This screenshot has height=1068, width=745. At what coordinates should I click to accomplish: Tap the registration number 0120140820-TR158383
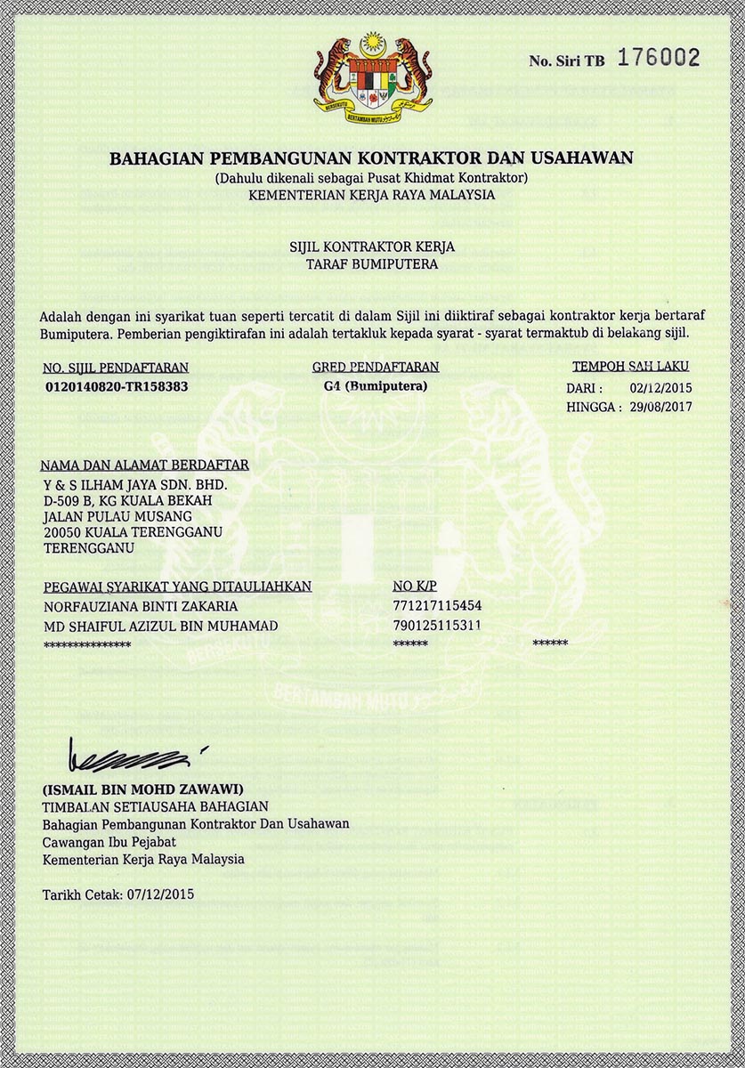tap(117, 387)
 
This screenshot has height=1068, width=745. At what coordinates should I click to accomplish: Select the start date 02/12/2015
tap(660, 388)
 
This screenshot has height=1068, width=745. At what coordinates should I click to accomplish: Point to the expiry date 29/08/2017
tap(660, 407)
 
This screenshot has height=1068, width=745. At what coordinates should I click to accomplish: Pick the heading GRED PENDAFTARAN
tap(376, 367)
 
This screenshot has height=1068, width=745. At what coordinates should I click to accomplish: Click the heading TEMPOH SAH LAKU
tap(630, 366)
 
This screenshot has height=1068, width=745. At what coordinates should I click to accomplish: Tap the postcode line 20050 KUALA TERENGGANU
tap(133, 532)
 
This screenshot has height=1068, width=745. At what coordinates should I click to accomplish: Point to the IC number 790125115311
tap(437, 626)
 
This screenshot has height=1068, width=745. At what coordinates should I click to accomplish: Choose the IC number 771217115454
tap(437, 606)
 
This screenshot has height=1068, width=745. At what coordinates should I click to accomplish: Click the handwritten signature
tap(131, 757)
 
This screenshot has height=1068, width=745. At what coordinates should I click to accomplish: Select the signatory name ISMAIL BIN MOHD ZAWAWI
tap(142, 789)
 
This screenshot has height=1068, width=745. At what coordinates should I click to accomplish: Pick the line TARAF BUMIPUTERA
tap(372, 264)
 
